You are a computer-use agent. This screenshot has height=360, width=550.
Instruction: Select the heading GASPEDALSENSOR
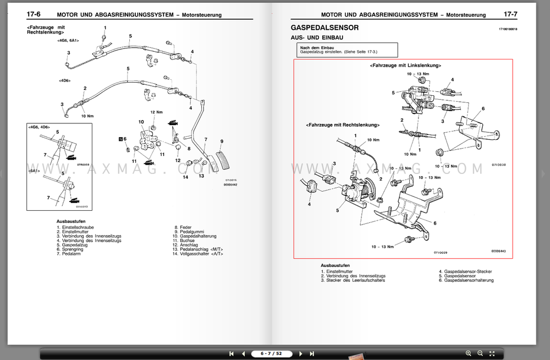pos(324,28)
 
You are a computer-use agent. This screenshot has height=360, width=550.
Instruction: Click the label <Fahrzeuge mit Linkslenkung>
pos(405,65)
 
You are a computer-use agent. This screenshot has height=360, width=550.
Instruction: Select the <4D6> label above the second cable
pos(64,80)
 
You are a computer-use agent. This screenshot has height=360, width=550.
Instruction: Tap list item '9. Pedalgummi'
pos(190,232)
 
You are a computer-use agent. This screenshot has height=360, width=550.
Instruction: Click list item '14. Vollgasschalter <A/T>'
pos(201,254)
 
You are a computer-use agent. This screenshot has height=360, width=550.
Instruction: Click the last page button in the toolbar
pos(312,353)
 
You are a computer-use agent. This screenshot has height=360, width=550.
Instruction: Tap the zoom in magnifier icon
pos(469,353)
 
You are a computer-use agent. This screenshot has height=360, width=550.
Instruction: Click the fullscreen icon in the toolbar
pos(493,353)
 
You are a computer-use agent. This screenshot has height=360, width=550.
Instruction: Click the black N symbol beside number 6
pos(119,139)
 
